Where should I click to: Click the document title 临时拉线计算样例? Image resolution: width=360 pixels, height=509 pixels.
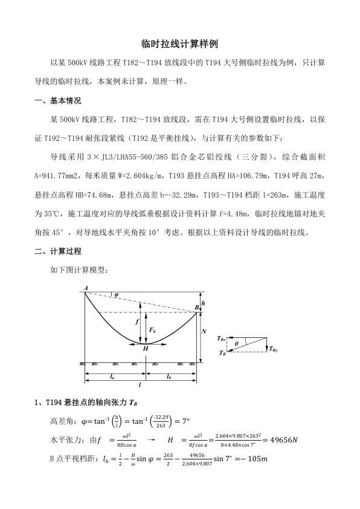click(179, 44)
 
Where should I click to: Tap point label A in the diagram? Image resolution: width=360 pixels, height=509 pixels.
click(86, 287)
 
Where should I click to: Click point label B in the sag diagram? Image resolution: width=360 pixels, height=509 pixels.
click(197, 308)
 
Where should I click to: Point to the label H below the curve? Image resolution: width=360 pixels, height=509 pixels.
click(146, 348)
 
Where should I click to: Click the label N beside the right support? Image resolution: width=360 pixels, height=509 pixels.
click(205, 332)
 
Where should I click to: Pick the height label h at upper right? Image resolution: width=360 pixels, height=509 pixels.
click(203, 302)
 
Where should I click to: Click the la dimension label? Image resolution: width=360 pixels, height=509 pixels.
click(112, 376)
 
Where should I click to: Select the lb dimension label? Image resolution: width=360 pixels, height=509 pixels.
click(170, 376)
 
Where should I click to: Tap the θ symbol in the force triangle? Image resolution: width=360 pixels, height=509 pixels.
click(237, 343)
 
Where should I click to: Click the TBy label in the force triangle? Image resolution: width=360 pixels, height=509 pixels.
click(274, 350)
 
